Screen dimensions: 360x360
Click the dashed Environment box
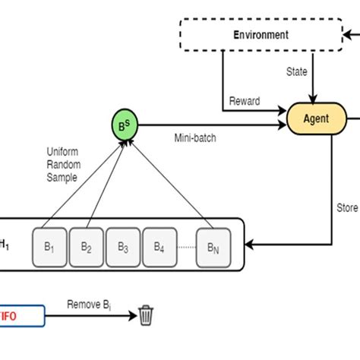click(261, 35)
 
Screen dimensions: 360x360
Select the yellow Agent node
click(316, 119)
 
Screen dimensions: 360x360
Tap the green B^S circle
click(125, 124)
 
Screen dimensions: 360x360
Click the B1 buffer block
click(49, 247)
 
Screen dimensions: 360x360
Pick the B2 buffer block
click(86, 247)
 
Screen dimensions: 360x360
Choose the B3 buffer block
click(122, 247)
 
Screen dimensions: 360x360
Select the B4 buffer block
click(159, 247)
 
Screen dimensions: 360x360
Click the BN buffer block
click(212, 247)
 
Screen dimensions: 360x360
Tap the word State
click(296, 72)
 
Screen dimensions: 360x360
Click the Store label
click(346, 207)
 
